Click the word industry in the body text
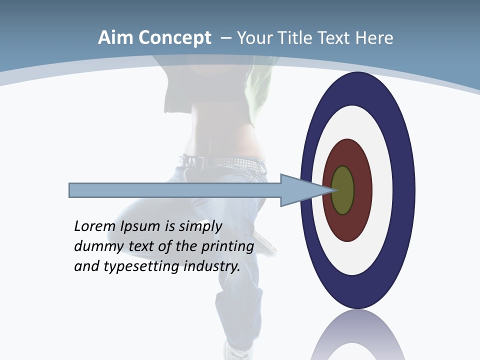[212, 266]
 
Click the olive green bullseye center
[342, 190]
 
